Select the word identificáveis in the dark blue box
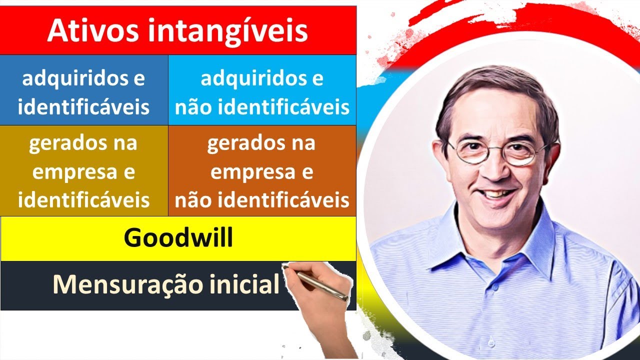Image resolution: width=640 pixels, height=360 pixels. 83,107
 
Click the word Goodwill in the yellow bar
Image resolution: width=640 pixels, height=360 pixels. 178,238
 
